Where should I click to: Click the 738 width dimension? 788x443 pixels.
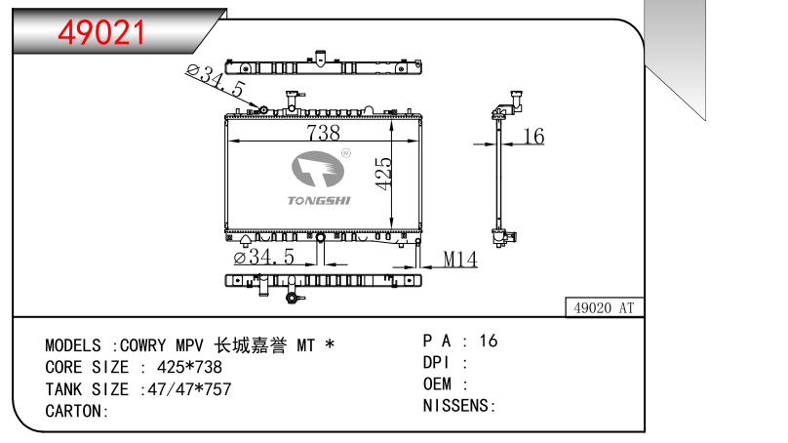tap(322, 133)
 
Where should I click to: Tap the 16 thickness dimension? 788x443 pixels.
tap(532, 138)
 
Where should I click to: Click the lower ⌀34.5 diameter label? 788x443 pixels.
tap(264, 258)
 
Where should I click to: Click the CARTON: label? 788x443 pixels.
tap(76, 411)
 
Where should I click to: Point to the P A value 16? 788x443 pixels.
tap(489, 341)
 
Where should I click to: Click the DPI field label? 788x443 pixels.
tap(436, 362)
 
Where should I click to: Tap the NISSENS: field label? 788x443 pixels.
tap(459, 405)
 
